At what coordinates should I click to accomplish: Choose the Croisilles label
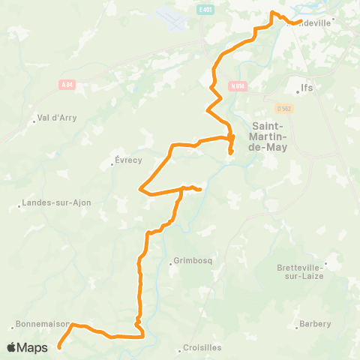click(203, 349)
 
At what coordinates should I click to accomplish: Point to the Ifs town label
click(306, 88)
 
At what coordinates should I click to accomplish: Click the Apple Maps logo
click(28, 347)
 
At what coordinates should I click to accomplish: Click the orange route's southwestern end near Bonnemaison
click(58, 347)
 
